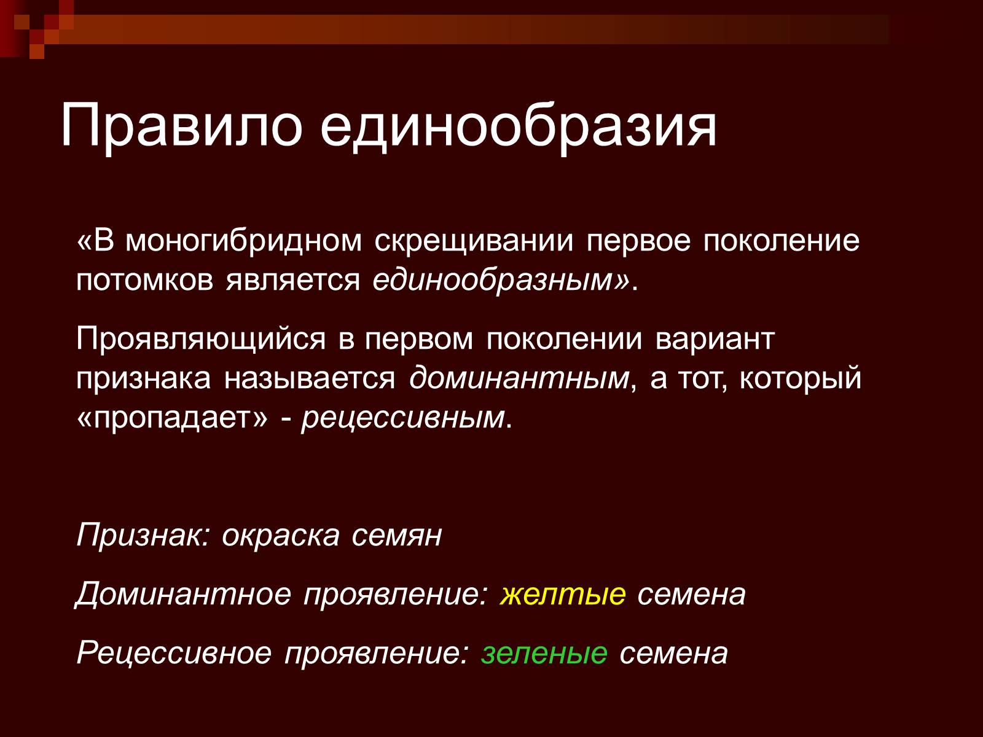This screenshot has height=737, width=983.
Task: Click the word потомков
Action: tap(144, 281)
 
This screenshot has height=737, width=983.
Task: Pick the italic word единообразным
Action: tap(493, 282)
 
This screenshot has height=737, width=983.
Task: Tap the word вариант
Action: tap(715, 339)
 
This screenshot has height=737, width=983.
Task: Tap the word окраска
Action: tap(280, 536)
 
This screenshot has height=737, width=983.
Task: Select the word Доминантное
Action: tap(183, 595)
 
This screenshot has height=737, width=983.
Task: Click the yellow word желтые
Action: tap(563, 595)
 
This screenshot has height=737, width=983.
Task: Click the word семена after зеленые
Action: tap(673, 654)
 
